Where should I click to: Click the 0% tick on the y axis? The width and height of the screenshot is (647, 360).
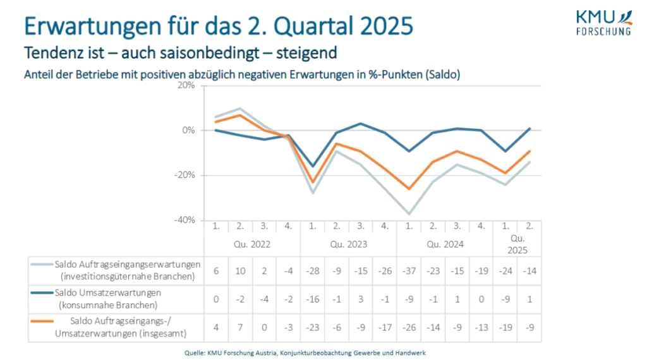[188, 130]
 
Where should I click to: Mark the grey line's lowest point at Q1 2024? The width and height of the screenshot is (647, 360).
[409, 214]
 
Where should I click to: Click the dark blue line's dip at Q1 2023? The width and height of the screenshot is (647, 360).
[312, 167]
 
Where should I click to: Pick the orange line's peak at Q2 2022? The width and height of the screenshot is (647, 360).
[240, 114]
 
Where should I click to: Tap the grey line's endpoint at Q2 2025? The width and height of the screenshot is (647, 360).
[529, 162]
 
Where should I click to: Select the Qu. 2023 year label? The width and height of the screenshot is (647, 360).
[348, 243]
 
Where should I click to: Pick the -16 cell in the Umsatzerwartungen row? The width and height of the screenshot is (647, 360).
[312, 299]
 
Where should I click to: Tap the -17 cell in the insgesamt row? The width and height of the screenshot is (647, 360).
[384, 328]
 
